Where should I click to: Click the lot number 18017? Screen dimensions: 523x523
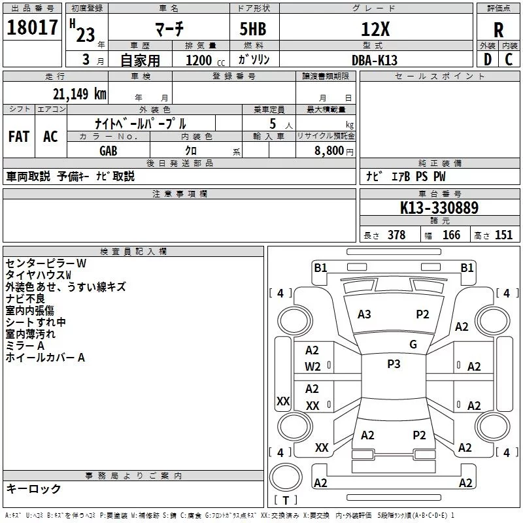coord(32,27)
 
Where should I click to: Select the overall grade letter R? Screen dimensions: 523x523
coord(498,30)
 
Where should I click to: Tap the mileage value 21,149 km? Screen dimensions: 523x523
coord(79,94)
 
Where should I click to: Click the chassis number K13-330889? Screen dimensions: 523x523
coord(439,207)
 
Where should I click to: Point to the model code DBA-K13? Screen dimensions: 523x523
coord(375,60)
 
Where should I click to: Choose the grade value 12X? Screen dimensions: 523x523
coord(375,29)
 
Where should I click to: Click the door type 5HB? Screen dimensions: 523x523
coord(253,29)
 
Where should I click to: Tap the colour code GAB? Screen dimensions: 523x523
coord(109,151)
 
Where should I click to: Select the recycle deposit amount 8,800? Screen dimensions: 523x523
coord(329,151)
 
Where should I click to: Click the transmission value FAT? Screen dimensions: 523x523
coord(19,137)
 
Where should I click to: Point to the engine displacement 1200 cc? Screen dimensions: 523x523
coord(205,60)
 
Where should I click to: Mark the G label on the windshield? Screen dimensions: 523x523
coord(413,345)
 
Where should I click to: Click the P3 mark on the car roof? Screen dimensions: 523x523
coord(394,364)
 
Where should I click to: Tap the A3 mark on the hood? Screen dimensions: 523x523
coord(364,314)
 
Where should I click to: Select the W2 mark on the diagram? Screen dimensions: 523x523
coord(312,367)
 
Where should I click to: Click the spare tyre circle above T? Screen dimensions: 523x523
coord(286,477)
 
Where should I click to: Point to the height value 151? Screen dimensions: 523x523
coord(503,235)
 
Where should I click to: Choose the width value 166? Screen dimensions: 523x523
coord(451,235)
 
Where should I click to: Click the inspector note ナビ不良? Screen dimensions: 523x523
coord(25,299)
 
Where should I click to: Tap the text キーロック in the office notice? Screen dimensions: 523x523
coord(33,489)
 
